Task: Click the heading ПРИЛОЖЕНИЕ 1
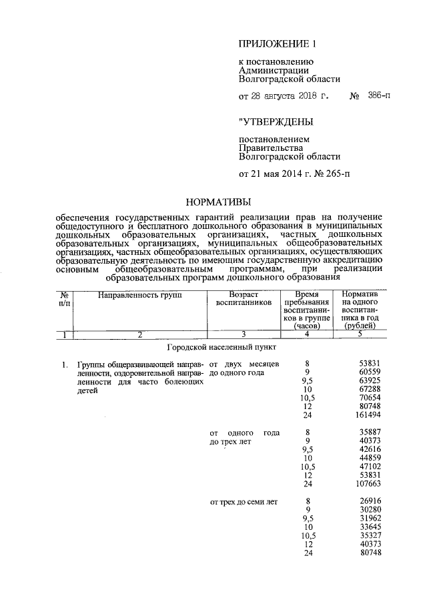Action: (276, 45)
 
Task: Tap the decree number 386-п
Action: (379, 96)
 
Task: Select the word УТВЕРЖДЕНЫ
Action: (276, 121)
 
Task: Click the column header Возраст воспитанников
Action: (243, 298)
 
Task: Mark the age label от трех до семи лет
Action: (244, 501)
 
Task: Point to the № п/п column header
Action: (64, 298)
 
